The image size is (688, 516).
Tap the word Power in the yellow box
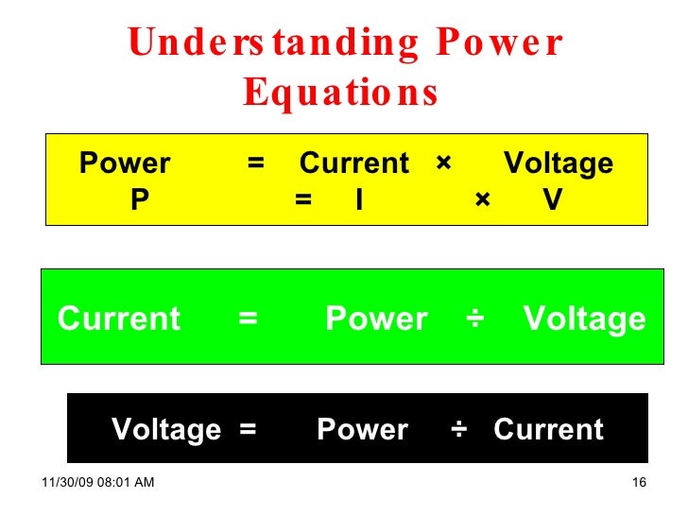(x=125, y=163)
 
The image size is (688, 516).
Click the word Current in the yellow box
(x=354, y=163)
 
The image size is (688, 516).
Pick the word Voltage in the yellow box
(x=559, y=163)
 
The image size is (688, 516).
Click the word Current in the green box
(x=119, y=319)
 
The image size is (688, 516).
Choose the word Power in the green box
(x=376, y=319)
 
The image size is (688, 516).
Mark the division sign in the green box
(x=475, y=319)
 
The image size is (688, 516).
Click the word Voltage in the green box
(x=585, y=319)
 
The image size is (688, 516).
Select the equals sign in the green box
(x=249, y=319)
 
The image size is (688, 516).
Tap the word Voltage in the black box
(x=166, y=430)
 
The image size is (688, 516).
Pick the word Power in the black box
(x=362, y=430)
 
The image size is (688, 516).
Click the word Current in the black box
(x=548, y=430)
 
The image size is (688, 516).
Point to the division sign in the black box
(x=459, y=430)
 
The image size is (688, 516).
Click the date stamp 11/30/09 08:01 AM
(x=98, y=484)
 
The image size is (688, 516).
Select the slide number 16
(x=638, y=484)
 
